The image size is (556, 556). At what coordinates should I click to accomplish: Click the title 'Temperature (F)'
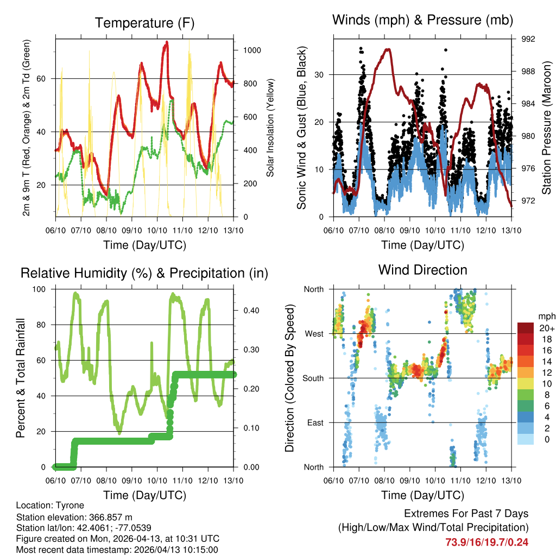[x=144, y=23]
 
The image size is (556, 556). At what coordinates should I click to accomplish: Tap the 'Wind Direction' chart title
[x=422, y=270]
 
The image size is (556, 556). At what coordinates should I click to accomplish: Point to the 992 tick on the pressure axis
[x=528, y=39]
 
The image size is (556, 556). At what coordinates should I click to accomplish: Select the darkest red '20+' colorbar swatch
[x=526, y=328]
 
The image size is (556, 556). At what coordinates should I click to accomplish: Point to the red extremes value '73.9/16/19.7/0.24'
[x=487, y=542]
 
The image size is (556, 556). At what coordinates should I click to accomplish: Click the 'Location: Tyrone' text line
[x=50, y=506]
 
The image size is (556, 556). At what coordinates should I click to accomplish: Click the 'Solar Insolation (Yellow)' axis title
[x=270, y=128]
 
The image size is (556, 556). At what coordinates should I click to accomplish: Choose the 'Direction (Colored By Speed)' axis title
[x=289, y=378]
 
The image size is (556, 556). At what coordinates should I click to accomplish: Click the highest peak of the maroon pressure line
[x=388, y=49]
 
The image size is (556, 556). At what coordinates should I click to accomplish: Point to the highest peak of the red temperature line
[x=167, y=42]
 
